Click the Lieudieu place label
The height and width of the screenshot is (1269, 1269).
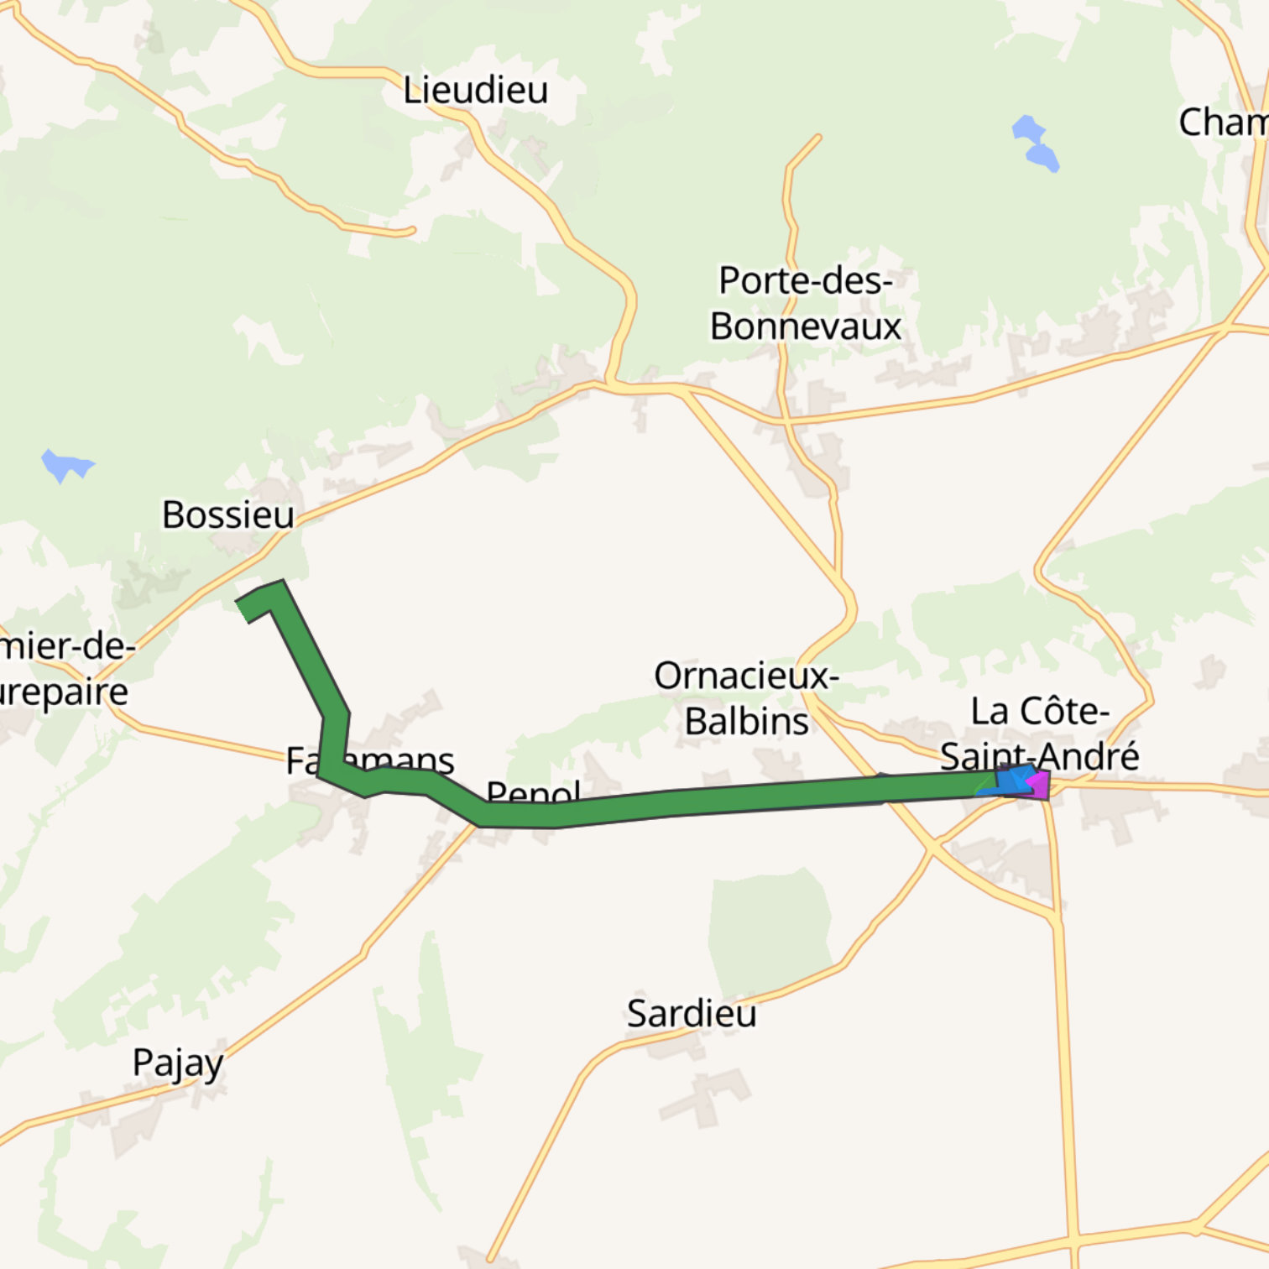click(x=475, y=90)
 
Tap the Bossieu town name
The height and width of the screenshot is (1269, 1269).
click(x=228, y=514)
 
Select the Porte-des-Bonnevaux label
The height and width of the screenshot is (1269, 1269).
click(x=805, y=303)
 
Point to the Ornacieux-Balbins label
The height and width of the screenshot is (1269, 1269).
click(x=746, y=698)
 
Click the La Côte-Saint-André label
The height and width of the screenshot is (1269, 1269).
click(x=1039, y=734)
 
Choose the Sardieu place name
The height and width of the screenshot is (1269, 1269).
click(x=692, y=1014)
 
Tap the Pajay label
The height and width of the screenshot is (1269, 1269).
click(x=178, y=1063)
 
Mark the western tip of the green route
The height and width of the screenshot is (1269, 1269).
click(x=244, y=608)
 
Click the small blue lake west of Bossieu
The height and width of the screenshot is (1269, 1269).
click(x=65, y=464)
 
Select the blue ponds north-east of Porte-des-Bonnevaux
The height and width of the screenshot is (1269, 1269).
click(x=1035, y=144)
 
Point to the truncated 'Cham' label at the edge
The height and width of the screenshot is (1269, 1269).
click(x=1223, y=123)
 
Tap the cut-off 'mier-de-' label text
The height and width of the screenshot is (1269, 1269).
click(x=67, y=647)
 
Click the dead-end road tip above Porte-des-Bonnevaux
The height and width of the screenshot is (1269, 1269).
click(x=817, y=138)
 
